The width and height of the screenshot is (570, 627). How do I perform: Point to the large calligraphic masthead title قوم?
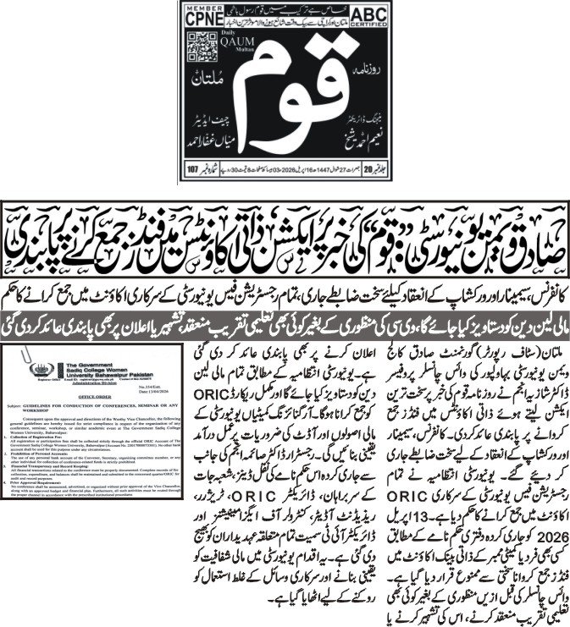coord(284,102)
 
